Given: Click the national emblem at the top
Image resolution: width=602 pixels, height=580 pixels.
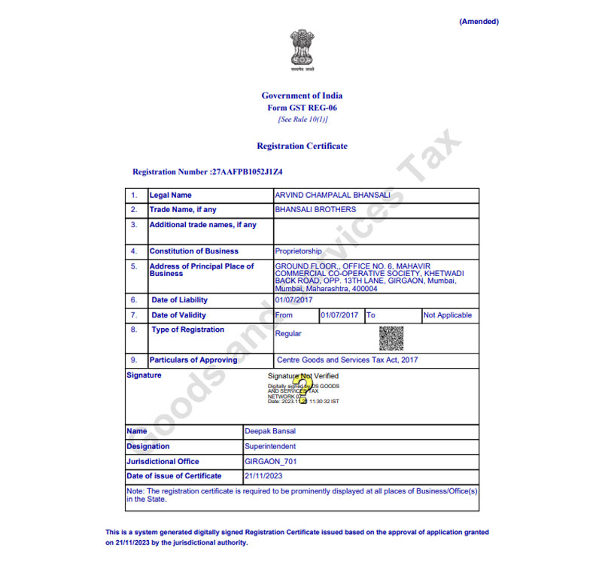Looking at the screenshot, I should click(x=302, y=50).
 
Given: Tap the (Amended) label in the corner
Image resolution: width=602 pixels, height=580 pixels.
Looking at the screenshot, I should click(x=479, y=22).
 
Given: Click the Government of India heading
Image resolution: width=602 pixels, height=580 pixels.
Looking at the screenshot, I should click(x=302, y=96).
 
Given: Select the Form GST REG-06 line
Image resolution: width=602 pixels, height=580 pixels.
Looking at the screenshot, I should click(x=302, y=108).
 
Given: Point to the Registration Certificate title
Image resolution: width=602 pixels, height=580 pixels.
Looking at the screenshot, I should click(x=302, y=146).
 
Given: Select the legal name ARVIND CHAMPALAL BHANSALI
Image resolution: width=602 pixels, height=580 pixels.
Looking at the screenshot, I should click(x=332, y=196).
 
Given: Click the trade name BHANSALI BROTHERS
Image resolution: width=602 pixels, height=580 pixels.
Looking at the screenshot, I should click(x=315, y=210).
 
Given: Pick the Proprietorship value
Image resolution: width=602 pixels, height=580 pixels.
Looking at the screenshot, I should click(x=298, y=251).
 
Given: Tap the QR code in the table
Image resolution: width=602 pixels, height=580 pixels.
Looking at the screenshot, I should click(x=391, y=338).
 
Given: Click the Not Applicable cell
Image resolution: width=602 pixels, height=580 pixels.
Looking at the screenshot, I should click(x=448, y=315).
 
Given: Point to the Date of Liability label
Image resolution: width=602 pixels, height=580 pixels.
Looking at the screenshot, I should click(x=179, y=300).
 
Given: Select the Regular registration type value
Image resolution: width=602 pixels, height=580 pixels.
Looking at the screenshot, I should click(x=288, y=333).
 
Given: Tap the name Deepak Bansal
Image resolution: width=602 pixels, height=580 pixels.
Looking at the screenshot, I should click(x=269, y=432).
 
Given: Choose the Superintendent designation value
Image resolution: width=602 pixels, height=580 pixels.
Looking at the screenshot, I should click(x=270, y=446).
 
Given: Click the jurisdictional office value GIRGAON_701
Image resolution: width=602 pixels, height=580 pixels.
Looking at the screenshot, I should click(x=271, y=461).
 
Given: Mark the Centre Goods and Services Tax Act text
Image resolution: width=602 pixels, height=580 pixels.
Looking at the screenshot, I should click(x=347, y=360).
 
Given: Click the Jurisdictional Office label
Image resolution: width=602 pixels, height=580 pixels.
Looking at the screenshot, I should click(x=163, y=461).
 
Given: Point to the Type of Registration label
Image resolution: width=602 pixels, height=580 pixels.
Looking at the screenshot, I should click(x=187, y=329).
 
